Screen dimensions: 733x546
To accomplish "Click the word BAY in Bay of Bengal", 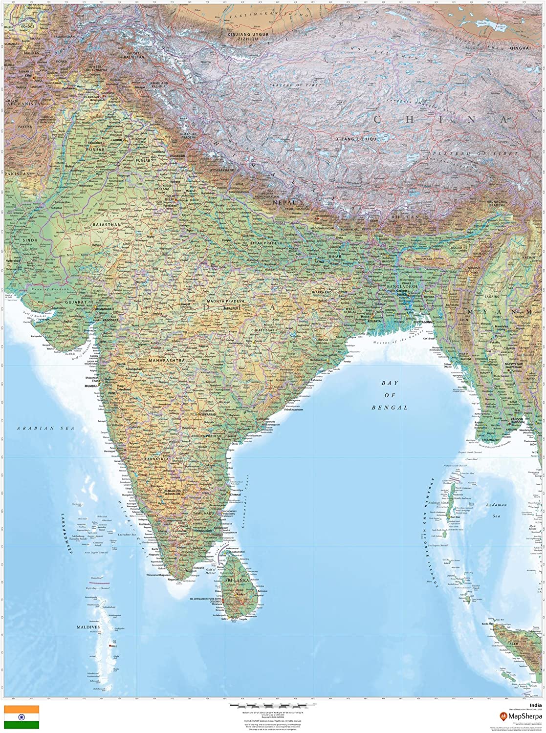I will click(x=391, y=384).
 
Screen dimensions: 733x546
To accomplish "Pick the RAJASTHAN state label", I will click(x=107, y=225).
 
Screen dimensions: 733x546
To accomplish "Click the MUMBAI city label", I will click(x=91, y=386).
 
